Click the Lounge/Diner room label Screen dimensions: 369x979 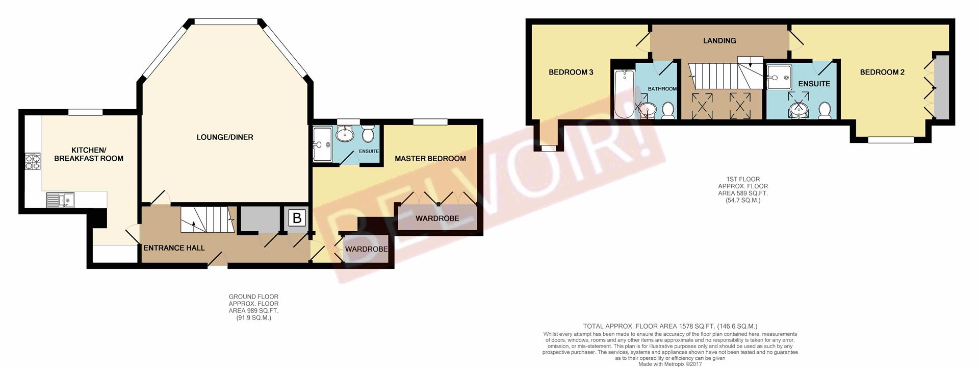(225, 137)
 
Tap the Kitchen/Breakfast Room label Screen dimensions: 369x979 (89, 154)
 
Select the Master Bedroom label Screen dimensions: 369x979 (430, 159)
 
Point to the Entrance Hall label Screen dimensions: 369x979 (174, 248)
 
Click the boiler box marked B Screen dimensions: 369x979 (297, 219)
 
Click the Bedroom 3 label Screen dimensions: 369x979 (571, 72)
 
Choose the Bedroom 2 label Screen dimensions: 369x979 (882, 72)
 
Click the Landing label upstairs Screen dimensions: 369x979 (719, 41)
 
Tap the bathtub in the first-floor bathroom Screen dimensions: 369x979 (624, 94)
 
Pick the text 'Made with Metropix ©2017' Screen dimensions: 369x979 (670, 364)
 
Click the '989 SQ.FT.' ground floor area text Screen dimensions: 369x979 (253, 311)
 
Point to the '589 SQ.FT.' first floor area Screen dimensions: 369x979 (742, 193)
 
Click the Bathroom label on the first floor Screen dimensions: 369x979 (662, 89)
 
